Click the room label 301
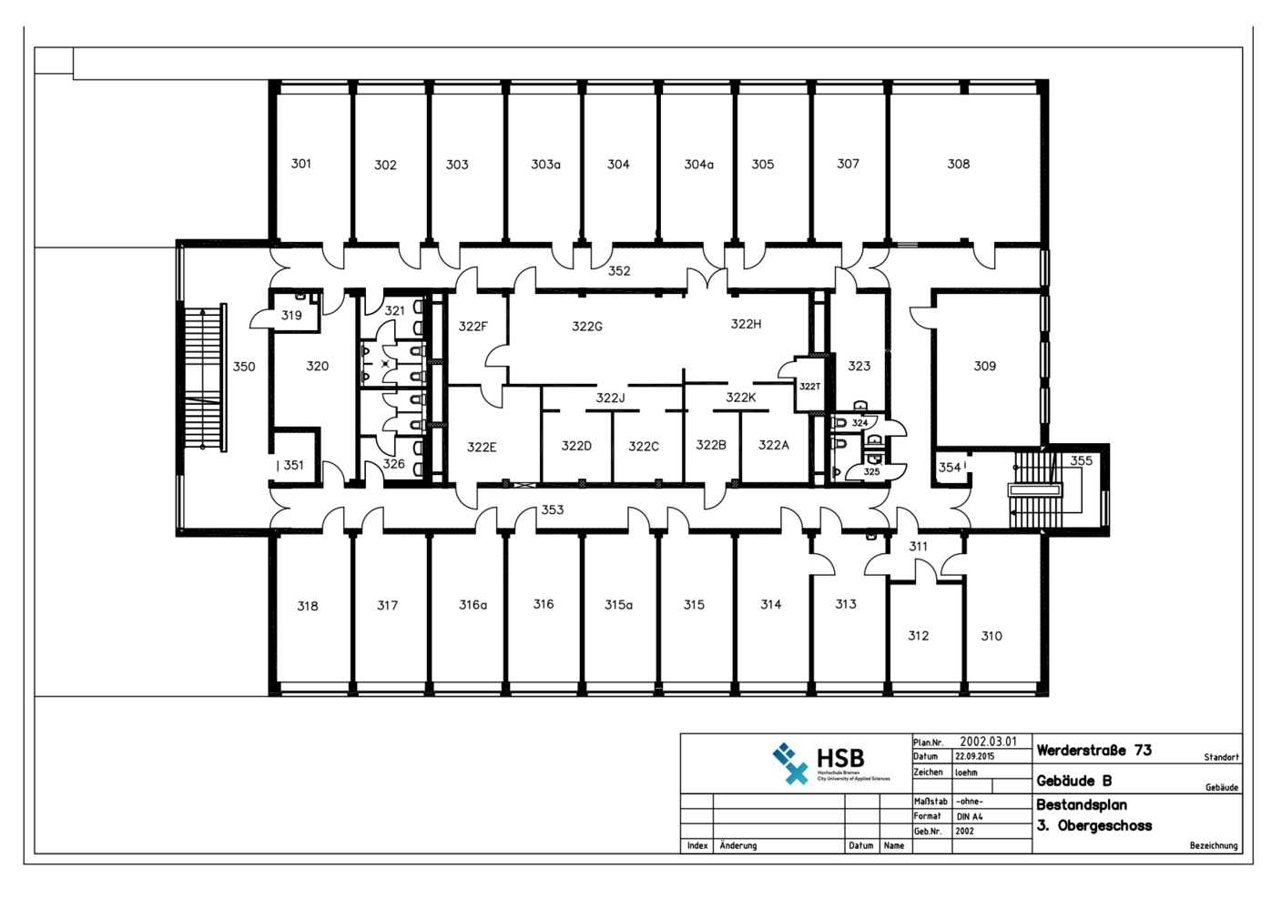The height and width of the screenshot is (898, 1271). point(300,164)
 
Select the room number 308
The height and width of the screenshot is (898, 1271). point(958,164)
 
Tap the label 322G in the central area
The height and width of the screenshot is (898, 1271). point(586,326)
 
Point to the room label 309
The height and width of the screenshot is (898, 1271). point(984,366)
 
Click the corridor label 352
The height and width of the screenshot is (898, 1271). point(619,271)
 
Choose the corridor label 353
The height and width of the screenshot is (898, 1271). point(553,510)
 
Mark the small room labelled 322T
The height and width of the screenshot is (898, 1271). point(809,387)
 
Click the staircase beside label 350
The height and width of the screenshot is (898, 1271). point(204,378)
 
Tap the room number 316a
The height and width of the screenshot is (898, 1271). point(473,605)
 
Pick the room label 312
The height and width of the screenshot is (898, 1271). point(918,636)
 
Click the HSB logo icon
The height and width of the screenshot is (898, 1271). point(789,763)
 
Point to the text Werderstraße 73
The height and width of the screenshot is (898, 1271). point(1093,751)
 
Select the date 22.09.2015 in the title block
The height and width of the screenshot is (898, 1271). point(974,757)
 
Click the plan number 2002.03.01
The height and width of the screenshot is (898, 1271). point(988,742)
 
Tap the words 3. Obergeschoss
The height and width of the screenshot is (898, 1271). point(1093,826)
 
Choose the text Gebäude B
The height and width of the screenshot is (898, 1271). point(1073,781)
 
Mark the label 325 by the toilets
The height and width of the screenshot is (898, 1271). point(871,471)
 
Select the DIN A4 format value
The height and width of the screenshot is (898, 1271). point(969,816)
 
